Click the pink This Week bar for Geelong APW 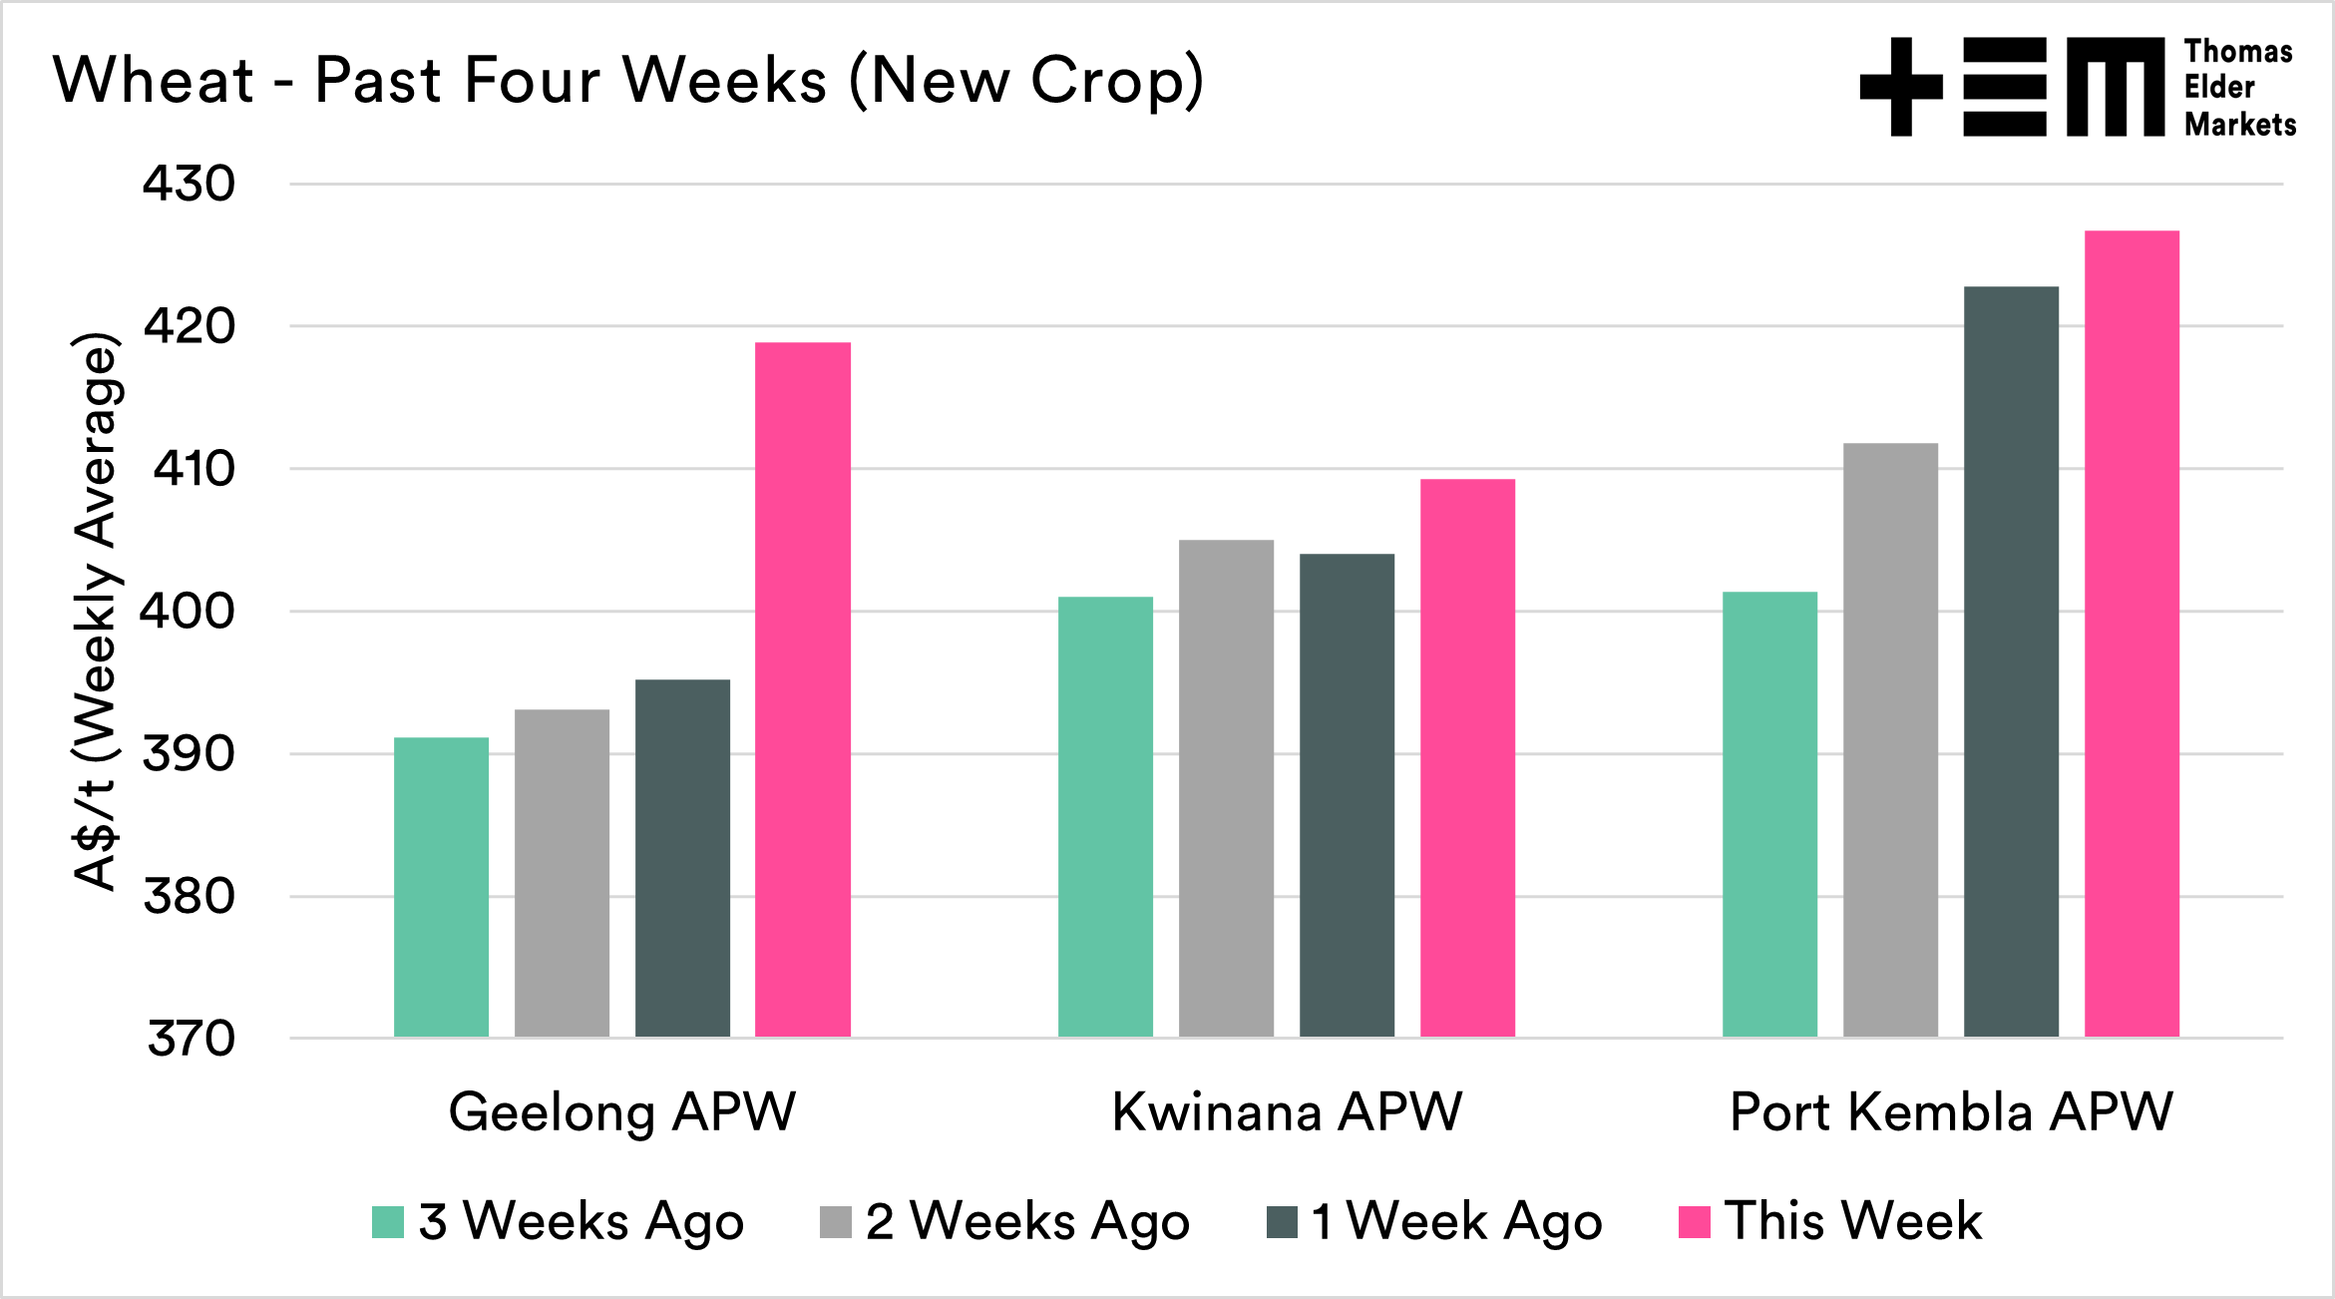click(803, 689)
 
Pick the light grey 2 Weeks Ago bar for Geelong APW click(562, 873)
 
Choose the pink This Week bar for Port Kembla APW click(2132, 634)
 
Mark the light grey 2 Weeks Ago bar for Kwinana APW click(1226, 788)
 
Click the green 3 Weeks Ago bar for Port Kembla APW click(1769, 814)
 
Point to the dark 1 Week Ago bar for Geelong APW click(682, 858)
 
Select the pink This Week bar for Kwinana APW click(1467, 758)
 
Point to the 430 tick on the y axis click(190, 185)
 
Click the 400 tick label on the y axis click(188, 612)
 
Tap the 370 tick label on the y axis click(191, 1039)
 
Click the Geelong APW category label click(622, 1111)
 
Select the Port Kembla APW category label click(1951, 1111)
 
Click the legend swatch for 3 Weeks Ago click(388, 1222)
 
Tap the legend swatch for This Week click(1695, 1222)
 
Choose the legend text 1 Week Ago click(1457, 1222)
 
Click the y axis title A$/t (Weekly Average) click(97, 611)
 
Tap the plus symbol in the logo click(1901, 87)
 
